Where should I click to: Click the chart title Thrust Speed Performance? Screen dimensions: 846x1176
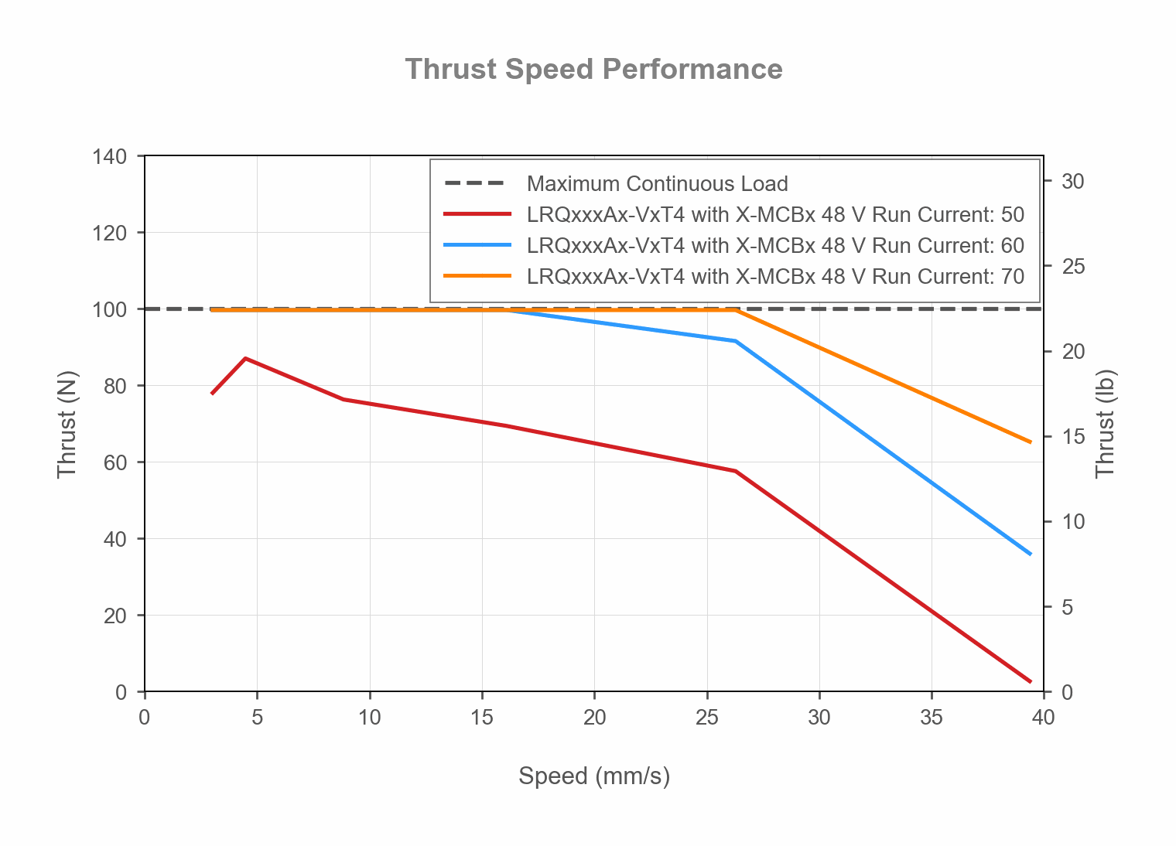click(593, 70)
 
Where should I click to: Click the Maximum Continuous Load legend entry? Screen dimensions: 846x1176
click(657, 184)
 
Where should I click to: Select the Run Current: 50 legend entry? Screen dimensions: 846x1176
click(774, 215)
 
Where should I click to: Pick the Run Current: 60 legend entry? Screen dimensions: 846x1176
click(774, 246)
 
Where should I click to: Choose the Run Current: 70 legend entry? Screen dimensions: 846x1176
click(774, 277)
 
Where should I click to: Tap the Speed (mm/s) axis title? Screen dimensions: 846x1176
click(593, 776)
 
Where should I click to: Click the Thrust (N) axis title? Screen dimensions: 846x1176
click(67, 425)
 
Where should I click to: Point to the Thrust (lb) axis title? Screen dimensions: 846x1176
click(1105, 425)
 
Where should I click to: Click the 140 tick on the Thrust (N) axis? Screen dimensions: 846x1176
click(109, 157)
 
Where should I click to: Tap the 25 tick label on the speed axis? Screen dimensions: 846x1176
click(706, 718)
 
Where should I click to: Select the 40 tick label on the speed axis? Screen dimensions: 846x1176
click(1043, 718)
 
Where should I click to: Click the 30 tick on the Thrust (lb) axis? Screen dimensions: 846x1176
click(1072, 182)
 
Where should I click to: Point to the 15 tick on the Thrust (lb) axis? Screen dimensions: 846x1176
click(1072, 437)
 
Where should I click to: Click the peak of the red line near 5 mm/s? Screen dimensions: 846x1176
click(245, 358)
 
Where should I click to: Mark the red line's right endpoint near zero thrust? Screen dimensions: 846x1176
click(1031, 681)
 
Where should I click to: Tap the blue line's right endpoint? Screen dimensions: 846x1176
click(1031, 554)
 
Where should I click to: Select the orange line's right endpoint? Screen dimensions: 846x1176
click(1031, 442)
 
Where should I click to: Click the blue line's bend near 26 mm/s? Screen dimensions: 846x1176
click(736, 341)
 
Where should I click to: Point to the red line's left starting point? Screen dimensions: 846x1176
click(212, 394)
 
